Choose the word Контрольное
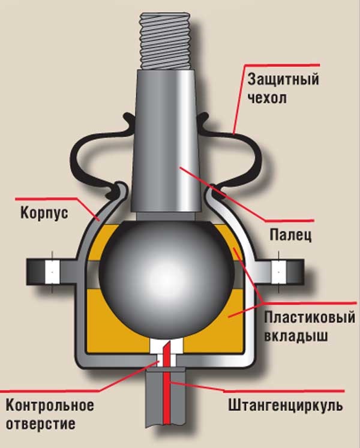(50, 405)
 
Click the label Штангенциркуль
(286, 406)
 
